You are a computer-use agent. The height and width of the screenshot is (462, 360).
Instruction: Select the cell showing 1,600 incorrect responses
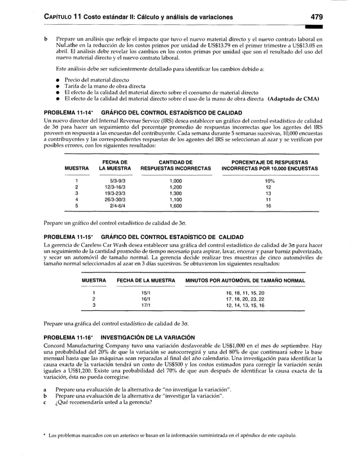(x=175, y=206)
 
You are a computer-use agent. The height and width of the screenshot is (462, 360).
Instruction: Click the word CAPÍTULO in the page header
(x=59, y=17)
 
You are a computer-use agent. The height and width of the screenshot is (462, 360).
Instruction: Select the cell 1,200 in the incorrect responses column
(x=175, y=186)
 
